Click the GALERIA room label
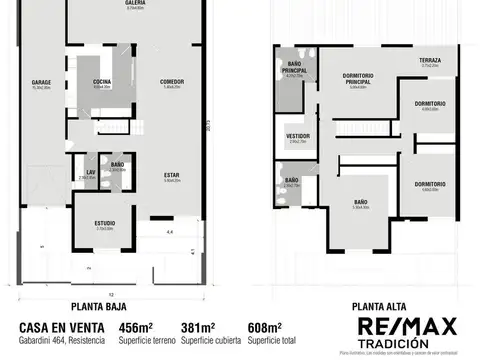tap(135, 4)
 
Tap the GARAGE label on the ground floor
tap(41, 82)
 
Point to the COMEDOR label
tap(172, 82)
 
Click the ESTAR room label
tap(172, 176)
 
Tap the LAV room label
tap(89, 171)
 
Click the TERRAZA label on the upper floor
tap(430, 61)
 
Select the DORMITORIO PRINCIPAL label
tap(357, 80)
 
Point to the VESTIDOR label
tap(298, 136)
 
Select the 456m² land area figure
tap(135, 327)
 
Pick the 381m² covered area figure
tap(196, 327)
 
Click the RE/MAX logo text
tap(408, 326)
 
